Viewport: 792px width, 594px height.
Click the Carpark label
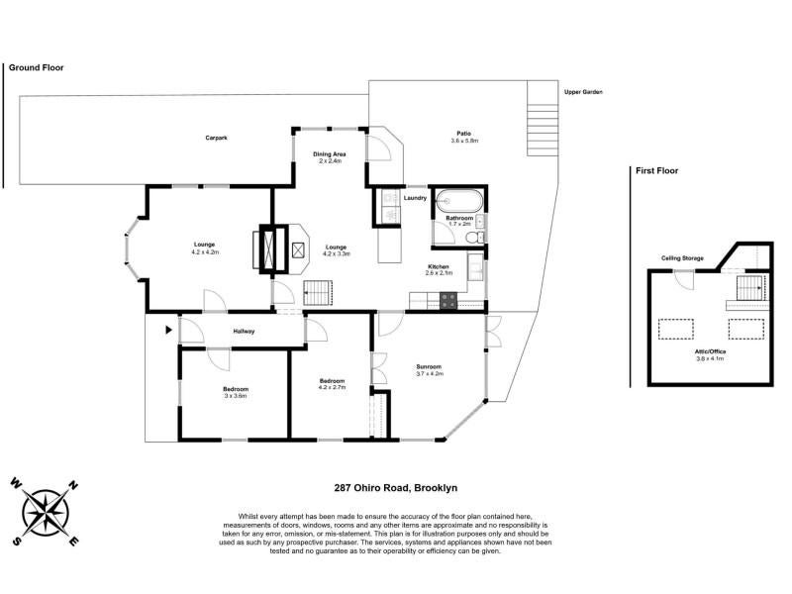point(216,138)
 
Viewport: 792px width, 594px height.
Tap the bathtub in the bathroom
point(459,201)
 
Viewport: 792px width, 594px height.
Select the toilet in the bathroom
point(475,238)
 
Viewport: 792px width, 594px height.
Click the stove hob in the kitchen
point(448,301)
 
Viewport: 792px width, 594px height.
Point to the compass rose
point(45,513)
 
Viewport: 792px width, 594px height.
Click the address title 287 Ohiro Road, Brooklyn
point(396,488)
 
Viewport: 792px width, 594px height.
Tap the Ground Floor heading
point(37,67)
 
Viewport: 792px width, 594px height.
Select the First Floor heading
point(656,170)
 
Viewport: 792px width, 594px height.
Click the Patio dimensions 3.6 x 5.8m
point(464,141)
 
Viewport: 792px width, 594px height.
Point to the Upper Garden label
point(583,92)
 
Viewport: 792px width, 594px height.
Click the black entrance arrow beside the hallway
point(168,330)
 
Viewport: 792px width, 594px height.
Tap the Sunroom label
point(429,366)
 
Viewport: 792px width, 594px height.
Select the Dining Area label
point(330,154)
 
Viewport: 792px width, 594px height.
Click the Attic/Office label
point(710,351)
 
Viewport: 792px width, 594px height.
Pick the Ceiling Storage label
point(682,258)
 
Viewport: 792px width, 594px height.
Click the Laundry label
point(415,198)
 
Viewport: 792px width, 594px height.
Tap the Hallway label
point(244,332)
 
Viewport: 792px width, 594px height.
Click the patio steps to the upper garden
point(543,118)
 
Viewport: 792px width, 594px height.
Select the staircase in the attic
point(748,288)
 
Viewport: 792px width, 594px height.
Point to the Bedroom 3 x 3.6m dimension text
point(236,396)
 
